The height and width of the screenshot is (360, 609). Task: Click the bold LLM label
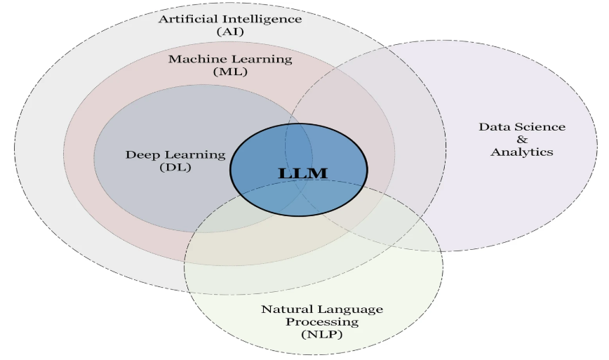303,173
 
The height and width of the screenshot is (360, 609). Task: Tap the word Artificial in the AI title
185,19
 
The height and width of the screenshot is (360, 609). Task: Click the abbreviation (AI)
230,32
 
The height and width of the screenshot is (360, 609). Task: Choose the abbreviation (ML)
230,72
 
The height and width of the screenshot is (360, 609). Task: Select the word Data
493,127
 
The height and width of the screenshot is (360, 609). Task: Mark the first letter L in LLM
285,173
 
